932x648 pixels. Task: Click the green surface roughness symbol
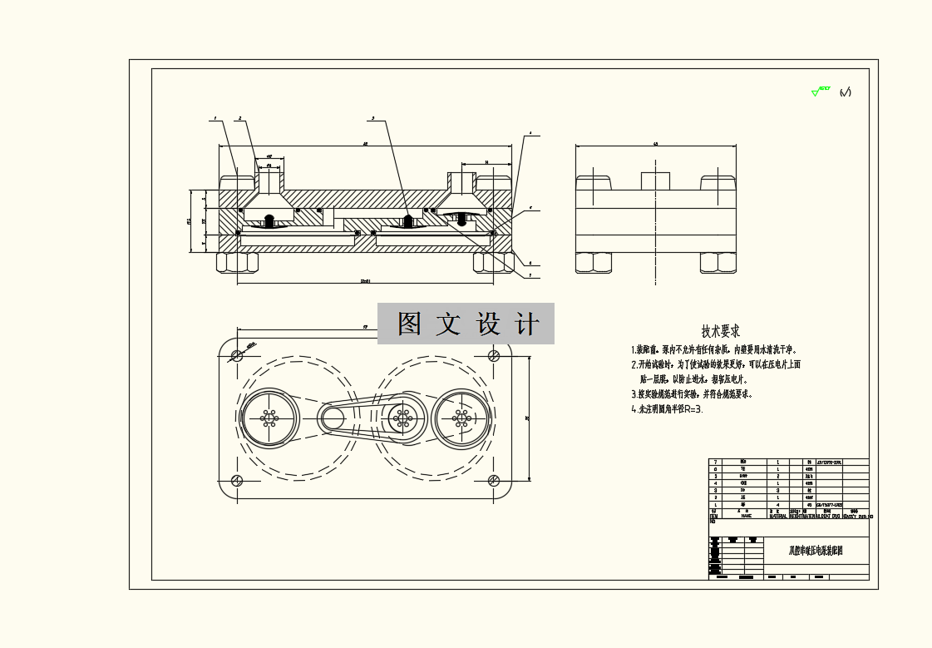[821, 91]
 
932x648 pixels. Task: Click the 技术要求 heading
[721, 332]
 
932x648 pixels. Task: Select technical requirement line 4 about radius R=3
[667, 409]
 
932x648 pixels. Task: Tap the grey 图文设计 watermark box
[466, 324]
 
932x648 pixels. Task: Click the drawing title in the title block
[816, 551]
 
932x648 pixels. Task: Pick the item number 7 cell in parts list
[715, 462]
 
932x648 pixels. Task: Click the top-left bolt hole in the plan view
[237, 355]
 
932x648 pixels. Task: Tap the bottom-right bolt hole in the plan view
[494, 480]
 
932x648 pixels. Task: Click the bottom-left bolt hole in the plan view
[237, 480]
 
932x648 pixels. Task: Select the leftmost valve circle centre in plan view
[269, 418]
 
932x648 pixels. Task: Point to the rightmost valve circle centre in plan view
[461, 418]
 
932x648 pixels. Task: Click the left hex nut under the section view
[237, 263]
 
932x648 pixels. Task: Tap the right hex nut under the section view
[494, 263]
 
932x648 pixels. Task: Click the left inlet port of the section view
[269, 178]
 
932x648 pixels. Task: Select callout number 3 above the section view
[373, 120]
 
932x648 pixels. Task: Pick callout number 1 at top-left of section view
[215, 120]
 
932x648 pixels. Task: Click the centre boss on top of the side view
[656, 181]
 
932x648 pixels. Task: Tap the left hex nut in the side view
[594, 263]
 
